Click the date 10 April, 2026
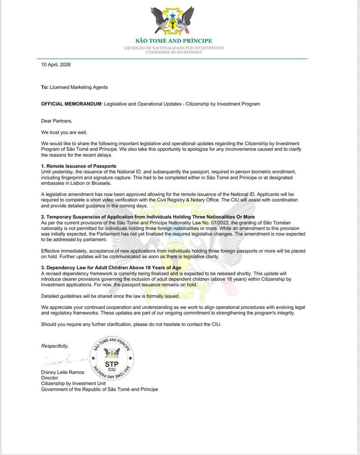(x=56, y=65)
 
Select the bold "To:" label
(x=45, y=87)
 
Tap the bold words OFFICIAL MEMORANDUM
(x=72, y=104)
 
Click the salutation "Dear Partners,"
(x=57, y=120)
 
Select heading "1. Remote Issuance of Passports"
(x=79, y=166)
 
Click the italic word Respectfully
(x=55, y=346)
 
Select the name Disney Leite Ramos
(x=63, y=372)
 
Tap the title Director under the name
(x=49, y=378)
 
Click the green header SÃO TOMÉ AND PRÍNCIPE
(x=173, y=41)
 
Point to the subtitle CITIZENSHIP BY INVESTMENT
(x=173, y=52)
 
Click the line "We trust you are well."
(x=64, y=132)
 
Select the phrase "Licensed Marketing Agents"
(x=79, y=87)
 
